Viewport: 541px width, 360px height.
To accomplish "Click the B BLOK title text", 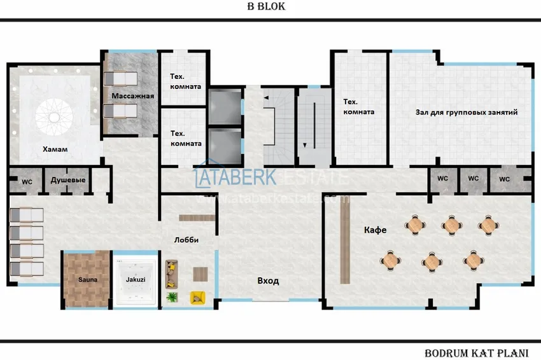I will [266, 7].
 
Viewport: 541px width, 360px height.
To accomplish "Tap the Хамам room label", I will [55, 149].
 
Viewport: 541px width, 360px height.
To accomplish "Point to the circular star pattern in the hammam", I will [55, 116].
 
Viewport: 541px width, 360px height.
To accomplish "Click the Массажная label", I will [133, 96].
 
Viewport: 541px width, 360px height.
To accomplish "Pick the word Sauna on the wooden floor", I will [87, 279].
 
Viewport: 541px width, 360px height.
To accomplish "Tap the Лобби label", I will [186, 240].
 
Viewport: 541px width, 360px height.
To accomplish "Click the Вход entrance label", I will [268, 280].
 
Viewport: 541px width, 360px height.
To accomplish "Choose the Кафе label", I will [376, 230].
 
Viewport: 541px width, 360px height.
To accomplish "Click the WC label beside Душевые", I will [27, 181].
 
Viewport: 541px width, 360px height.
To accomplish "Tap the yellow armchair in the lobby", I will [197, 297].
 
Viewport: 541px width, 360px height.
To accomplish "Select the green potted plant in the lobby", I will [171, 297].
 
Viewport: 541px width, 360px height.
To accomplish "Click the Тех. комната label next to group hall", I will [358, 106].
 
